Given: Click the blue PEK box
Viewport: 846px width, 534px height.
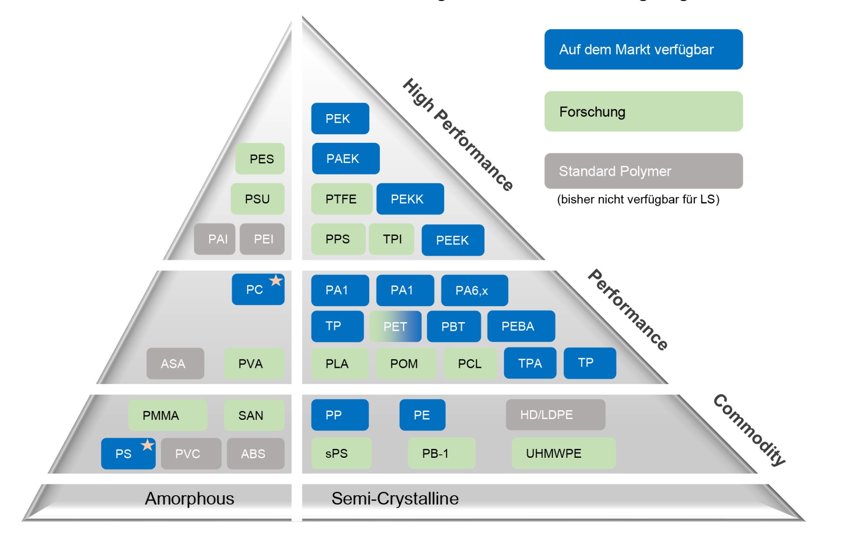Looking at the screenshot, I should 340,119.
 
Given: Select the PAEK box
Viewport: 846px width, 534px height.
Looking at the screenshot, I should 345,159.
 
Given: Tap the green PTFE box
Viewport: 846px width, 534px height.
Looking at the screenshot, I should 341,199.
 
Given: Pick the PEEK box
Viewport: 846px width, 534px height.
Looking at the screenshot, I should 453,240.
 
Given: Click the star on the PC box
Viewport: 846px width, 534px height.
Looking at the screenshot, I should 276,280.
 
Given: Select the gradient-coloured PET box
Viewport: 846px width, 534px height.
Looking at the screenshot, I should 395,326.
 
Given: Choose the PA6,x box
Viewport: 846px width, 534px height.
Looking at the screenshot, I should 474,290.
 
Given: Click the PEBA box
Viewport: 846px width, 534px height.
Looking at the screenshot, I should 521,326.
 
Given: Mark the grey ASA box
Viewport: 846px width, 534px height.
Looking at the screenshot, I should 175,363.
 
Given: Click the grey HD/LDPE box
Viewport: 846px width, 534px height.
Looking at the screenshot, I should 555,415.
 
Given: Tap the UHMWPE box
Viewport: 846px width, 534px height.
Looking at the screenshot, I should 563,453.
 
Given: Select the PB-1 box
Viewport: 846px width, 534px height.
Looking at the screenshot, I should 441,453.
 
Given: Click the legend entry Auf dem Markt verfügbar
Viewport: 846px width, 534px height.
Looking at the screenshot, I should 643,49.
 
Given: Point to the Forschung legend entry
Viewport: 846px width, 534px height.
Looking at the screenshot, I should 643,111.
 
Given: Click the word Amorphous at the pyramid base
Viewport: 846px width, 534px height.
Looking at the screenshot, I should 189,499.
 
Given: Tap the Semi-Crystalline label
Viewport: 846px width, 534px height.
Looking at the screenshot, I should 395,499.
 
